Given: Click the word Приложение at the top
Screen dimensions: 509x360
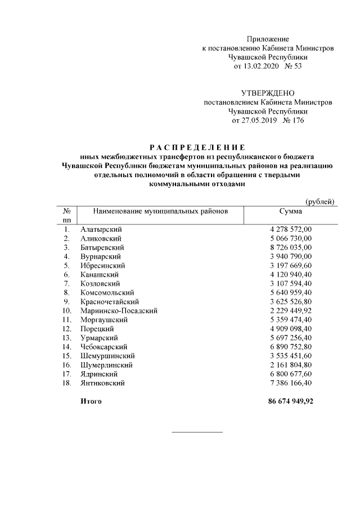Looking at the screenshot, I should (268, 39).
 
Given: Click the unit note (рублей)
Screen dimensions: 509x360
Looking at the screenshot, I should (321, 201).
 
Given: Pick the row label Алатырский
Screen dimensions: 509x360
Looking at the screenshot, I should (101, 229).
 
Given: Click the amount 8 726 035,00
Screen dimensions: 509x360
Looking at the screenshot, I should (291, 247).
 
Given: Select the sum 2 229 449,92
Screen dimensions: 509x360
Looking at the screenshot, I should (291, 310).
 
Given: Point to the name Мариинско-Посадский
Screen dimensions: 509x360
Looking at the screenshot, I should (119, 310).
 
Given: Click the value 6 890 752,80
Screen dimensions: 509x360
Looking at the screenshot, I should (291, 346).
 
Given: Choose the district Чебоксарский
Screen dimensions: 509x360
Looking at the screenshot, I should (104, 346).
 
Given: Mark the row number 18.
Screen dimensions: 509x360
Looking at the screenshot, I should (67, 382).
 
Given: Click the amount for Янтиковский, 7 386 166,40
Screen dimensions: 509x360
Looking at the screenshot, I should (291, 382).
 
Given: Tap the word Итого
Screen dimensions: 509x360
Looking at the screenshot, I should (91, 403).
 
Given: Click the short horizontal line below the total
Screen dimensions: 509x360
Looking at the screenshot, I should (197, 432).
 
